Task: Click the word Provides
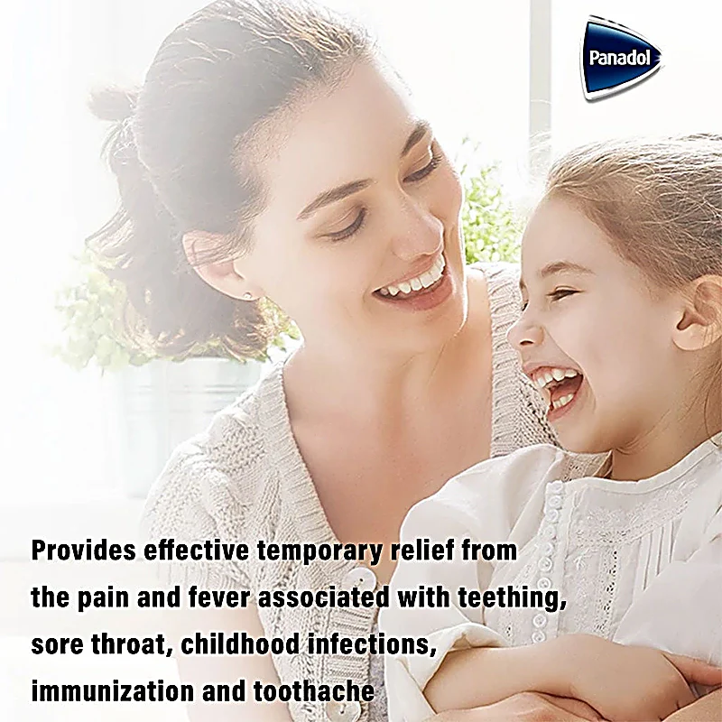(83, 551)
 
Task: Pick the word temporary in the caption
(319, 552)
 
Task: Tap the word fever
(218, 597)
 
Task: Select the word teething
(512, 599)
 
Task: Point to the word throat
(128, 644)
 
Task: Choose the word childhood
(240, 643)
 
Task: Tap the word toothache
(314, 691)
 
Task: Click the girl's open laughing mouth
(555, 387)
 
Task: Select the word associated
(324, 597)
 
